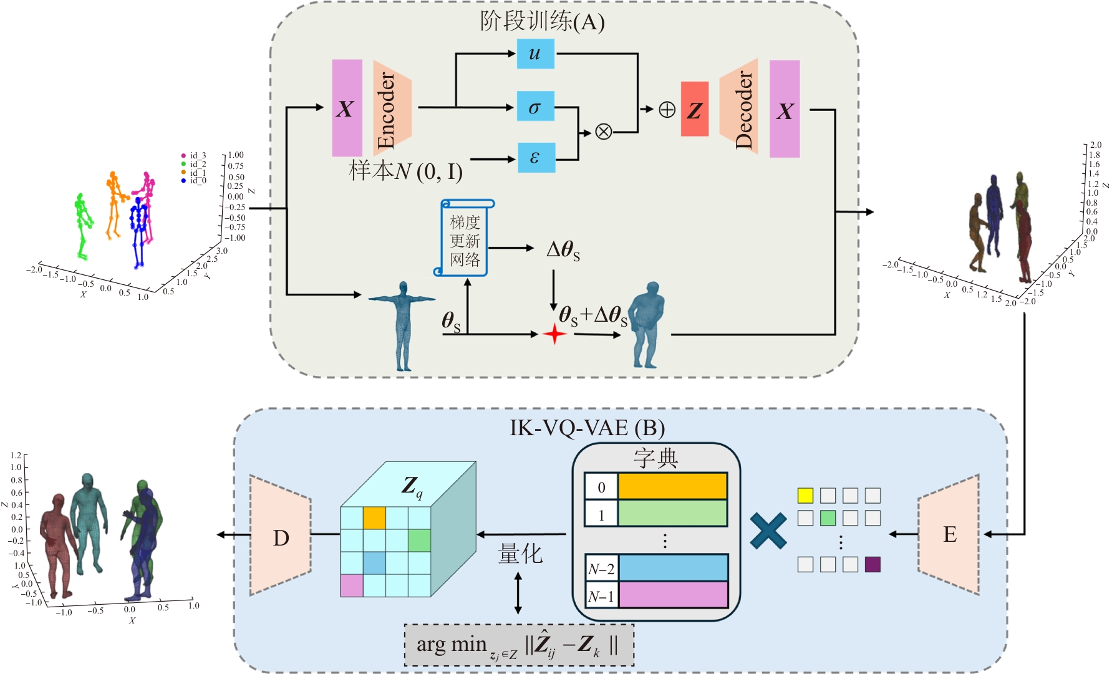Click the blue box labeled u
(535, 54)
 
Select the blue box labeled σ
(535, 107)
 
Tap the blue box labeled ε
(536, 157)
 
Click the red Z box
(694, 109)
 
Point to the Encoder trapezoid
(392, 108)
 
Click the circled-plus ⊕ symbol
(667, 110)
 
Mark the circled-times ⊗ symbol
(603, 132)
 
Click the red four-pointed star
(554, 334)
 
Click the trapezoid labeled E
(949, 534)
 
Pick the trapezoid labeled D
(281, 536)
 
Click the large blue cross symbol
(768, 531)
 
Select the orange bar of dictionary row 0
(672, 486)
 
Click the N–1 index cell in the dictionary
(601, 596)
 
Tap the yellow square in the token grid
(805, 496)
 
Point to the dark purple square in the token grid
(873, 564)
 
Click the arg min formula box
(519, 645)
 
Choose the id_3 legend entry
(194, 155)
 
